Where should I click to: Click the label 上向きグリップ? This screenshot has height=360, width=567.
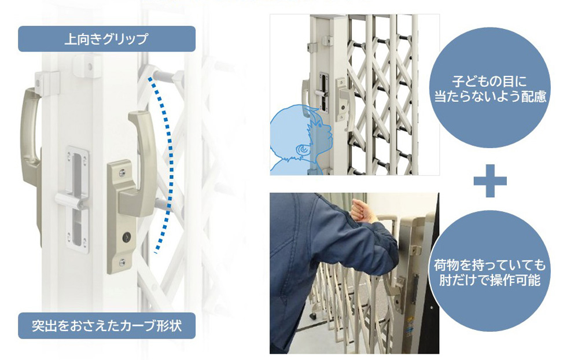(x=106, y=39)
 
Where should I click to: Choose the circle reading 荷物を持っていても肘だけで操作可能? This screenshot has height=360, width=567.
(x=489, y=273)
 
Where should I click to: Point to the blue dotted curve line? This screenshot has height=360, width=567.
(x=167, y=162)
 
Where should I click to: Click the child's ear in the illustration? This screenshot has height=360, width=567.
(x=301, y=150)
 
